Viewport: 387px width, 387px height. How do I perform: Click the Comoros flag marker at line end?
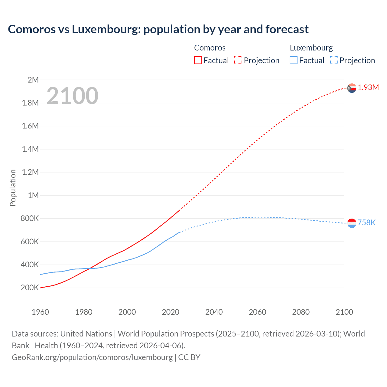click(352, 88)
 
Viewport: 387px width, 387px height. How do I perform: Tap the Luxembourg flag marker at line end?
click(352, 223)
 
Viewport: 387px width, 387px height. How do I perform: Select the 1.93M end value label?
click(368, 88)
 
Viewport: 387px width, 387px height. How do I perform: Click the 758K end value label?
click(366, 223)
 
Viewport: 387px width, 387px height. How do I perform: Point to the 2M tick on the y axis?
click(33, 80)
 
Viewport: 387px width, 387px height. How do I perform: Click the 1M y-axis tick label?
click(33, 195)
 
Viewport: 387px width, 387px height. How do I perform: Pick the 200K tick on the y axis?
click(30, 288)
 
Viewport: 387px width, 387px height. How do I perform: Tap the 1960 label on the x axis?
click(40, 312)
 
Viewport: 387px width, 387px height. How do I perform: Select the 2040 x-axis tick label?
click(214, 312)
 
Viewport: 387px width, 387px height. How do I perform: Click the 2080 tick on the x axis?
click(301, 312)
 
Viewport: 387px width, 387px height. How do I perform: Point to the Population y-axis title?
click(13, 188)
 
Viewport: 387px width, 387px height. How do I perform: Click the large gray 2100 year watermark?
click(72, 96)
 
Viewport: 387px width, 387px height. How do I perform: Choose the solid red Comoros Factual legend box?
click(198, 60)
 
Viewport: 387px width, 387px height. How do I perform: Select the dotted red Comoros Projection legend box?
click(238, 60)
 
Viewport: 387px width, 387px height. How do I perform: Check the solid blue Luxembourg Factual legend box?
click(293, 60)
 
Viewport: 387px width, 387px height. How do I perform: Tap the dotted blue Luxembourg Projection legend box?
click(334, 60)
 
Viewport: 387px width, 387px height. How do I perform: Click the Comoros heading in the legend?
click(210, 48)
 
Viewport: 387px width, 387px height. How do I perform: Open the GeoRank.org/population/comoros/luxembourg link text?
click(92, 357)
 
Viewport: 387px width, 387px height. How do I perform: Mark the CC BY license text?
click(189, 357)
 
